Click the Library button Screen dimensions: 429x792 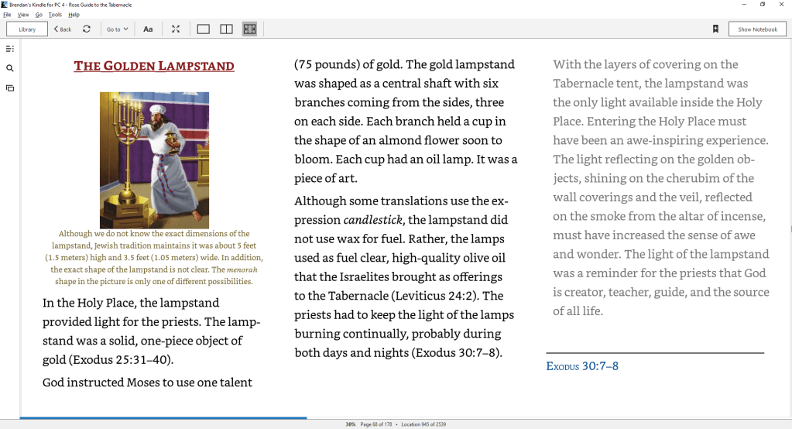pyautogui.click(x=27, y=29)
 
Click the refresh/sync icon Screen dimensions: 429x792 pyautogui.click(x=87, y=29)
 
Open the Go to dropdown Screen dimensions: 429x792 pyautogui.click(x=118, y=29)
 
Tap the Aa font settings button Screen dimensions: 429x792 pyautogui.click(x=148, y=29)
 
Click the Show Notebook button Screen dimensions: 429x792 pyautogui.click(x=756, y=29)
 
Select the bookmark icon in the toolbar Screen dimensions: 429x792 pyautogui.click(x=716, y=29)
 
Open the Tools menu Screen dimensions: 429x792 pyautogui.click(x=54, y=15)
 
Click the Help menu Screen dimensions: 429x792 pyautogui.click(x=74, y=15)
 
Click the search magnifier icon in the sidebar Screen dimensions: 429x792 pyautogui.click(x=10, y=68)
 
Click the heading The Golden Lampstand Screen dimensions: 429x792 pyautogui.click(x=153, y=66)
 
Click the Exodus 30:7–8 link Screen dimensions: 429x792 pyautogui.click(x=582, y=366)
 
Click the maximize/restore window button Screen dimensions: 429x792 pyautogui.click(x=762, y=5)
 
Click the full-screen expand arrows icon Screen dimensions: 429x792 pyautogui.click(x=176, y=29)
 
